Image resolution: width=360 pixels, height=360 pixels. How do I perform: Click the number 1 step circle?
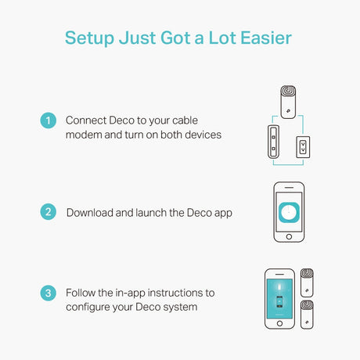tap(49, 121)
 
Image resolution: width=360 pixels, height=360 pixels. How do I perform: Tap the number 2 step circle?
tap(49, 212)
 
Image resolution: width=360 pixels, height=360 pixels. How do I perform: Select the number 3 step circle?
tap(49, 293)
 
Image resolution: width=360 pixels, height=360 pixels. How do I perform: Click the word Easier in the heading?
tap(266, 38)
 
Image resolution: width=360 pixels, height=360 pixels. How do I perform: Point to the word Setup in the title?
tap(89, 38)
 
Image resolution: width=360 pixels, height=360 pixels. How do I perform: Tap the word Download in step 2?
tap(90, 213)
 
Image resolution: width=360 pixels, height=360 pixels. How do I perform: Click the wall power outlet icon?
tap(303, 147)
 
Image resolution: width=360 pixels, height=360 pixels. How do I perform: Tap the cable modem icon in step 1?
tap(273, 142)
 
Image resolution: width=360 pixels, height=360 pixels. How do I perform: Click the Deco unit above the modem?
tap(288, 102)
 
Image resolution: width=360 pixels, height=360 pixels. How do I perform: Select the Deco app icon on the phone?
tap(289, 212)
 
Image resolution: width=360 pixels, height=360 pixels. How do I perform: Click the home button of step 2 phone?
tap(289, 237)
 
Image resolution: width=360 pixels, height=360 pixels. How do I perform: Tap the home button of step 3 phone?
tap(279, 323)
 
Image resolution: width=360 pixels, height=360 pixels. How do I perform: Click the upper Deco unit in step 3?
tap(307, 283)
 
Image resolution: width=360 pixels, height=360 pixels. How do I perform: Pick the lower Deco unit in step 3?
tap(307, 315)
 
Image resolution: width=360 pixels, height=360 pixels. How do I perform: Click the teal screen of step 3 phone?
tap(279, 298)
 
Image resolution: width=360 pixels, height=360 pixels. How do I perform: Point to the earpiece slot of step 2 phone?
tap(289, 188)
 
